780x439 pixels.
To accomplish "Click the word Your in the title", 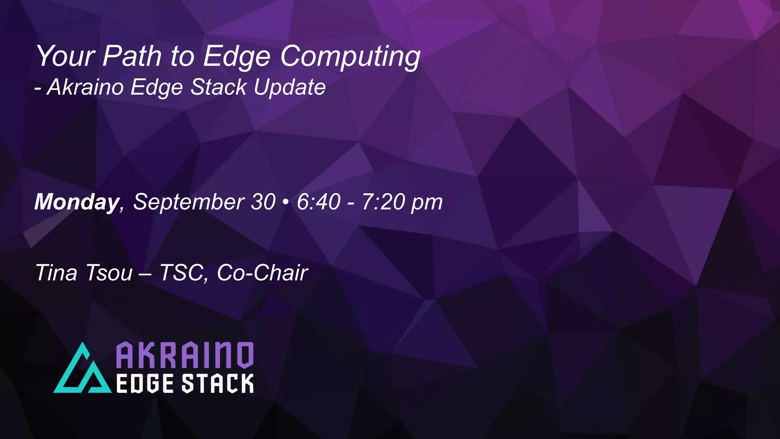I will pyautogui.click(x=65, y=56).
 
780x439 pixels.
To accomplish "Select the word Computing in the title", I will pyautogui.click(x=350, y=57).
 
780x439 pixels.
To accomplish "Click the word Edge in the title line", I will pyautogui.click(x=237, y=57).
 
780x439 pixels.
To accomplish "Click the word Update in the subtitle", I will pyautogui.click(x=290, y=87).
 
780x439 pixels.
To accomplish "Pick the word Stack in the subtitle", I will pyautogui.click(x=219, y=87).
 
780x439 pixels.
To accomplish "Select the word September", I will pyautogui.click(x=189, y=202).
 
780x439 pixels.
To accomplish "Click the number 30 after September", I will pyautogui.click(x=263, y=202).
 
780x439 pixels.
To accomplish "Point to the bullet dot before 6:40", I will pyautogui.click(x=286, y=202).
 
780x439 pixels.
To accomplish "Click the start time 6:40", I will pyautogui.click(x=318, y=202).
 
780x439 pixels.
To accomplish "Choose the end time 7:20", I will pyautogui.click(x=383, y=202).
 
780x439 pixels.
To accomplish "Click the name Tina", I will pyautogui.click(x=56, y=273).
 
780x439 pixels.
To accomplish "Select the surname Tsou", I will pyautogui.click(x=109, y=273).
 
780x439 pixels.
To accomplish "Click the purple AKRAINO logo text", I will pyautogui.click(x=184, y=355).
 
